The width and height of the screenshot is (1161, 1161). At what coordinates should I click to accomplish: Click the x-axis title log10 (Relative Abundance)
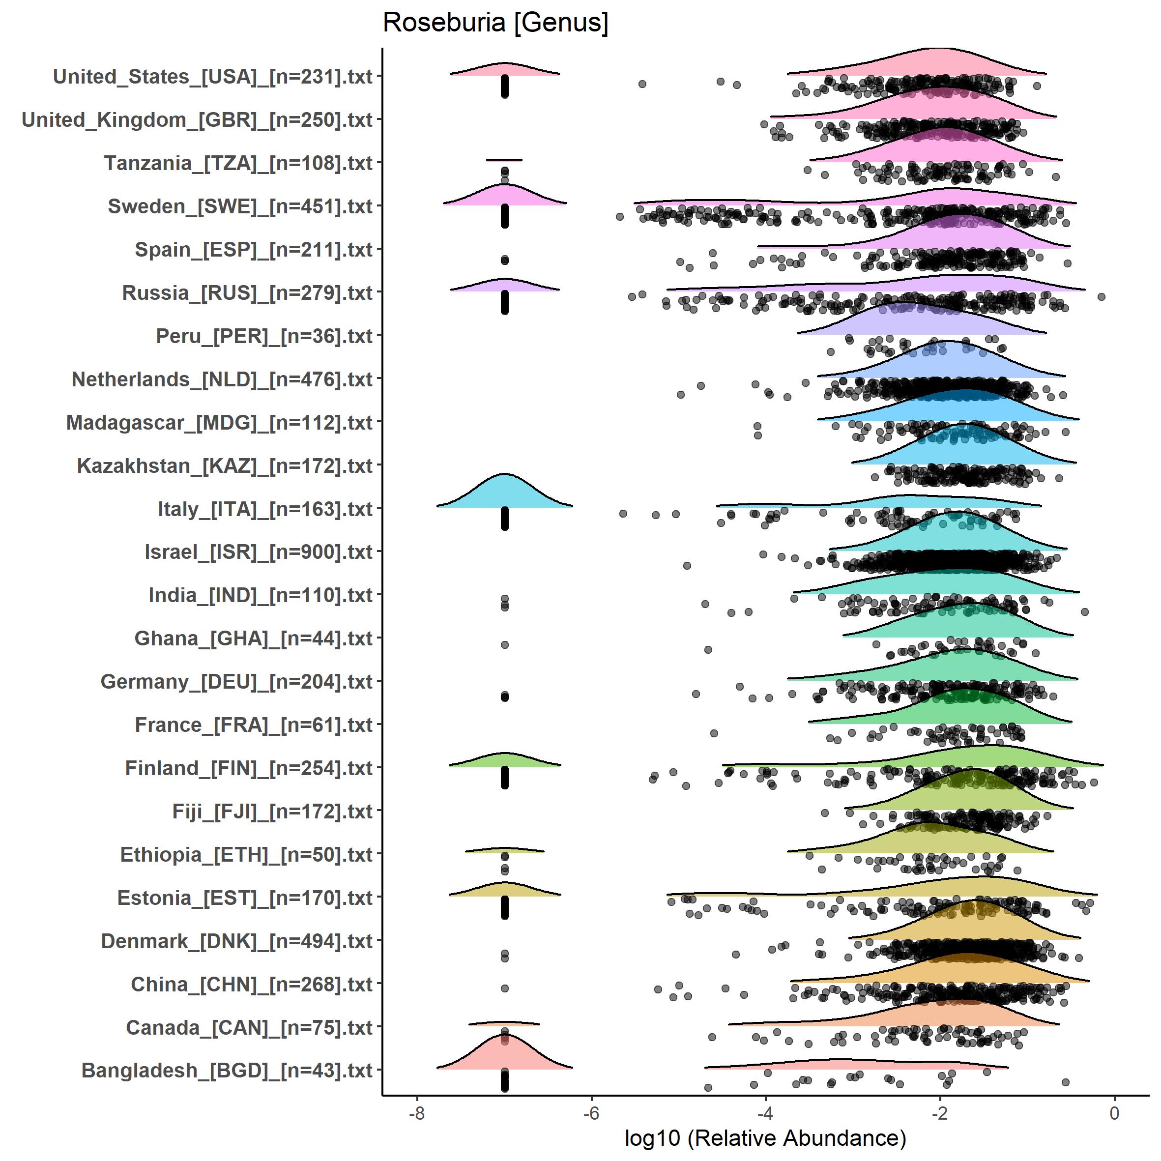[765, 1137]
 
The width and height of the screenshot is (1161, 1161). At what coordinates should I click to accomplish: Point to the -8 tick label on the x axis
[416, 1113]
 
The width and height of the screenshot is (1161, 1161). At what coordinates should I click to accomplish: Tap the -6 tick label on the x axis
[591, 1113]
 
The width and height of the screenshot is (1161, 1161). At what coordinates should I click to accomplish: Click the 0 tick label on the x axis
[1115, 1113]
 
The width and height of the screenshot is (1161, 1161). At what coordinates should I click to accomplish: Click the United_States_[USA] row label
[213, 77]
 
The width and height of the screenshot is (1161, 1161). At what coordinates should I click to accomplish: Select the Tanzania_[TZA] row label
[238, 164]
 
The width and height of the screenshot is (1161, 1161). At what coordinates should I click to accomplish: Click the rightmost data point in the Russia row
[1102, 297]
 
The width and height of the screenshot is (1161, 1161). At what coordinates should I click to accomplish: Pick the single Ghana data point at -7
[505, 645]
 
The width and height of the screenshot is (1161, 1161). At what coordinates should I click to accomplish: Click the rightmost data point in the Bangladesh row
[1066, 1082]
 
